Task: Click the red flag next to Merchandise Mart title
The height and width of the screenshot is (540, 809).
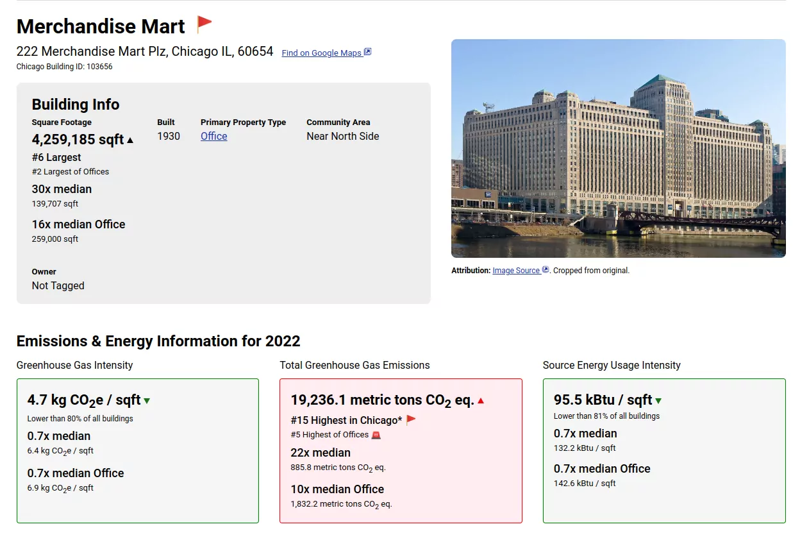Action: (x=204, y=24)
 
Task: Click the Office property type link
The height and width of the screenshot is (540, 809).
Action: (x=213, y=136)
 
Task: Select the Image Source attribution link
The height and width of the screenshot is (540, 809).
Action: (x=516, y=271)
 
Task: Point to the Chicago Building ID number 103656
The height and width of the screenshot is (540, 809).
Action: (x=99, y=67)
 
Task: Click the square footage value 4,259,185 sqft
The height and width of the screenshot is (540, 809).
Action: (x=78, y=140)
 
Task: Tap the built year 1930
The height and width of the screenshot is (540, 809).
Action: (x=169, y=136)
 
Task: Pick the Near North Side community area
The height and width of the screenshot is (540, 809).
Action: (x=342, y=136)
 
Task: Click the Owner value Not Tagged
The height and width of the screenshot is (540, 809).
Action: (x=58, y=286)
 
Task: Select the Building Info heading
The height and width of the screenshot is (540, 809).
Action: (x=76, y=105)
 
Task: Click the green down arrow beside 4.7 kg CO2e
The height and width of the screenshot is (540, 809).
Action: (x=147, y=401)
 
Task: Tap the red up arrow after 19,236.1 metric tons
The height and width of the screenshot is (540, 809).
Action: (x=481, y=401)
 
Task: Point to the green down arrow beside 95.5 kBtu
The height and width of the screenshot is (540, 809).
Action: (x=658, y=401)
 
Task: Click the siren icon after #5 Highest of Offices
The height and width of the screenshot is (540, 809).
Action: (x=376, y=435)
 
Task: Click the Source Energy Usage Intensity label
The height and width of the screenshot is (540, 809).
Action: (x=612, y=366)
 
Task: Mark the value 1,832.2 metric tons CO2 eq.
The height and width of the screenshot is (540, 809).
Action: (x=341, y=504)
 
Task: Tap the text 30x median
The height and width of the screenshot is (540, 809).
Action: (x=62, y=189)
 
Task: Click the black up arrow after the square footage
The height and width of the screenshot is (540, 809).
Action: (x=130, y=140)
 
